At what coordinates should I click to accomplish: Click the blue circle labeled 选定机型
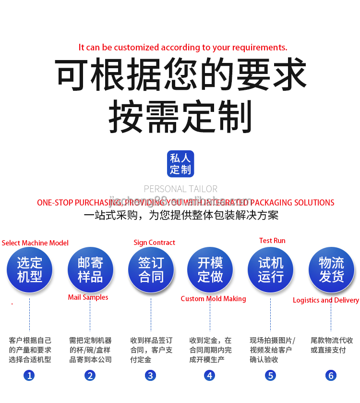tap(30, 269)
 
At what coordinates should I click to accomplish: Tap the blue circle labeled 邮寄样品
tap(90, 269)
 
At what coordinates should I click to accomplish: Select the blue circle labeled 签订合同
tap(151, 269)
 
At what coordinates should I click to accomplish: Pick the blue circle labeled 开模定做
tap(210, 269)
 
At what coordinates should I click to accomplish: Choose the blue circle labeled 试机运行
tap(271, 269)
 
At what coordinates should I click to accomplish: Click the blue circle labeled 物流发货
tap(331, 269)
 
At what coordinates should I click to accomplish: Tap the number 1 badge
tap(30, 375)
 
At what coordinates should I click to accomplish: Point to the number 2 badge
tap(90, 375)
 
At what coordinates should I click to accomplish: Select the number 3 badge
tap(151, 375)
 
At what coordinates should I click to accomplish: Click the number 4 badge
tap(210, 375)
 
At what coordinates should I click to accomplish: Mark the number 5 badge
tap(271, 375)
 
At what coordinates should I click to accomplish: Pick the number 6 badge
tap(331, 375)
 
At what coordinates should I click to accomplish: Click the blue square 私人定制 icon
tap(180, 163)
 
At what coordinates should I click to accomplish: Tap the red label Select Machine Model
tap(35, 243)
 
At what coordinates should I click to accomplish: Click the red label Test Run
tap(272, 241)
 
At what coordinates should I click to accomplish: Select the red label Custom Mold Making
tap(213, 299)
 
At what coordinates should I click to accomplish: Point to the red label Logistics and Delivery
tap(326, 300)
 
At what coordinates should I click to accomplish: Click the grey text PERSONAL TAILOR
tap(180, 189)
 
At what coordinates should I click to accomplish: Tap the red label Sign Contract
tap(154, 243)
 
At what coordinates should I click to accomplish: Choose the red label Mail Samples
tap(88, 297)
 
